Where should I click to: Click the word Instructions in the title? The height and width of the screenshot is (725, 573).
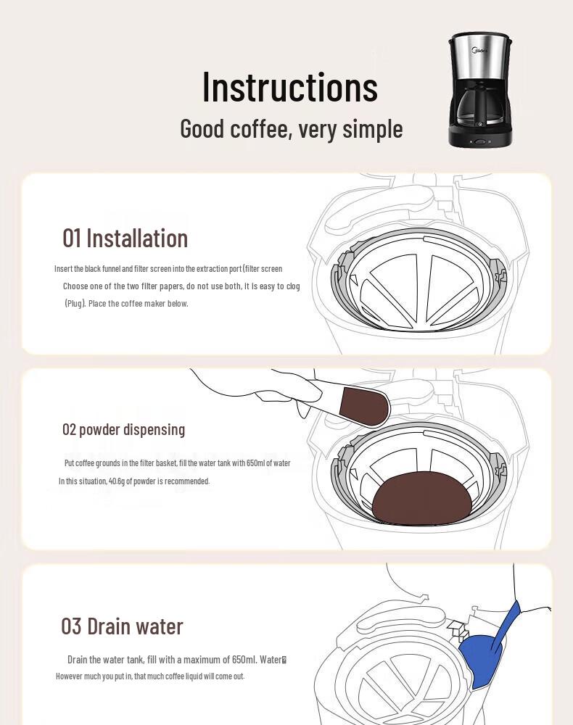(x=290, y=87)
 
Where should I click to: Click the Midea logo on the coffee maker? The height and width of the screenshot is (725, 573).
(x=479, y=49)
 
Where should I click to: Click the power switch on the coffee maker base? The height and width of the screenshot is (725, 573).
(x=479, y=142)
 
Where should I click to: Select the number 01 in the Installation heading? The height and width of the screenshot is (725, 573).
(x=72, y=239)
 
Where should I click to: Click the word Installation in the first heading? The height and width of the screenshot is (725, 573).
(x=137, y=239)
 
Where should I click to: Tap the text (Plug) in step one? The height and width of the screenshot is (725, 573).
(x=75, y=304)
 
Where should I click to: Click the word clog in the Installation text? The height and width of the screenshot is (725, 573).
(x=293, y=286)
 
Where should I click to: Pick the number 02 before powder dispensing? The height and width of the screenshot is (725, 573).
(x=69, y=429)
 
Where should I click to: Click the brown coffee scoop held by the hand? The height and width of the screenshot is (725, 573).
(x=363, y=405)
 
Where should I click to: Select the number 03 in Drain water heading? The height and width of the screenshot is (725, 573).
(x=71, y=626)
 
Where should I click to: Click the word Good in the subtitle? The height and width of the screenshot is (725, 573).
(x=202, y=128)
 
